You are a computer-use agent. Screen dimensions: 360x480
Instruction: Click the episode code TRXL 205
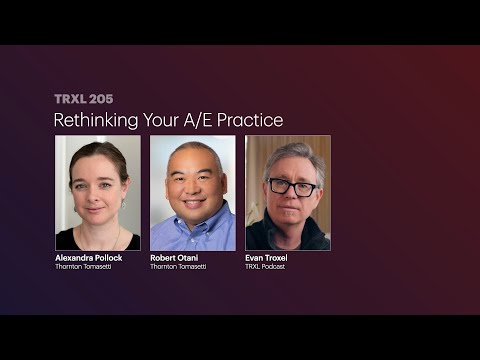(83, 99)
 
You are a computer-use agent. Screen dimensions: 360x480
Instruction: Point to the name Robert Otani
(175, 258)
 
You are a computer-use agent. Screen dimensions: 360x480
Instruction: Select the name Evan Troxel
(267, 258)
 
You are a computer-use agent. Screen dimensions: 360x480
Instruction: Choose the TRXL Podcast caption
(265, 267)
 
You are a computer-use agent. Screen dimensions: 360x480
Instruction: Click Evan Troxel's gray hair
(289, 158)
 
